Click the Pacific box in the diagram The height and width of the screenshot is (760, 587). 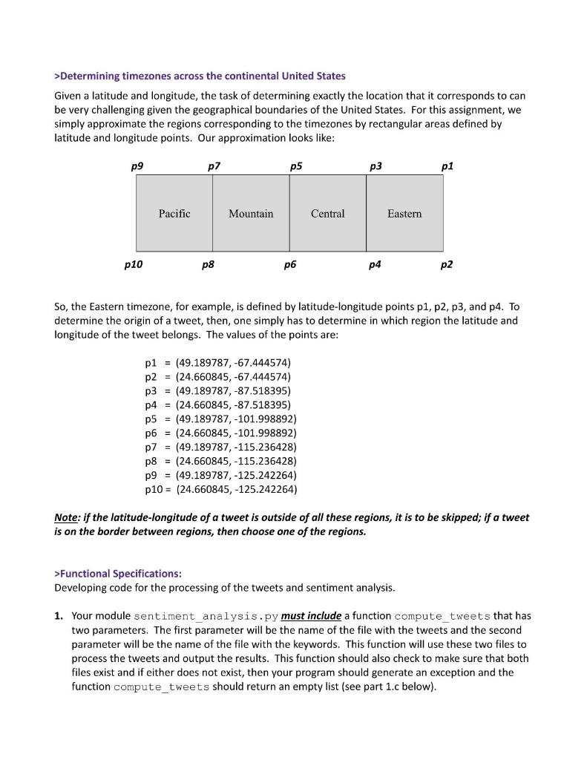(174, 214)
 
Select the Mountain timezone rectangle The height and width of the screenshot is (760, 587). (251, 214)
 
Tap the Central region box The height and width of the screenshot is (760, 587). (327, 214)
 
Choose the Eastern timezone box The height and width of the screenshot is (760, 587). (404, 214)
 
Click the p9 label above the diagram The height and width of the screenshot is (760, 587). (137, 166)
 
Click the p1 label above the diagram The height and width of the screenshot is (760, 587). (447, 166)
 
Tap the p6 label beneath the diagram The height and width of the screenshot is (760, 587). (289, 263)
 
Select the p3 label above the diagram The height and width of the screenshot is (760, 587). (376, 166)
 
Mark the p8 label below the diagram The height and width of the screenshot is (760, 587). (209, 263)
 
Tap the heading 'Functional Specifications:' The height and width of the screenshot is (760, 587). (118, 574)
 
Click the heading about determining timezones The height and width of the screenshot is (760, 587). (200, 76)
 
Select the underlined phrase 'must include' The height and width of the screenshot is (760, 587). (311, 616)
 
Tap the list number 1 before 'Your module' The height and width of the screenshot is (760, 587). (59, 616)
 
